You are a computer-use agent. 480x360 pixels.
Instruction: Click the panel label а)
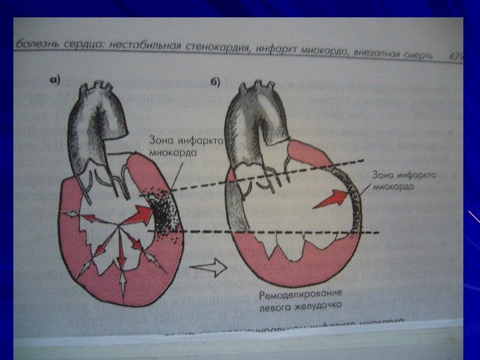click(55, 81)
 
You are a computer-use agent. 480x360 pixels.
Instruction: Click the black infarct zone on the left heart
click(162, 213)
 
